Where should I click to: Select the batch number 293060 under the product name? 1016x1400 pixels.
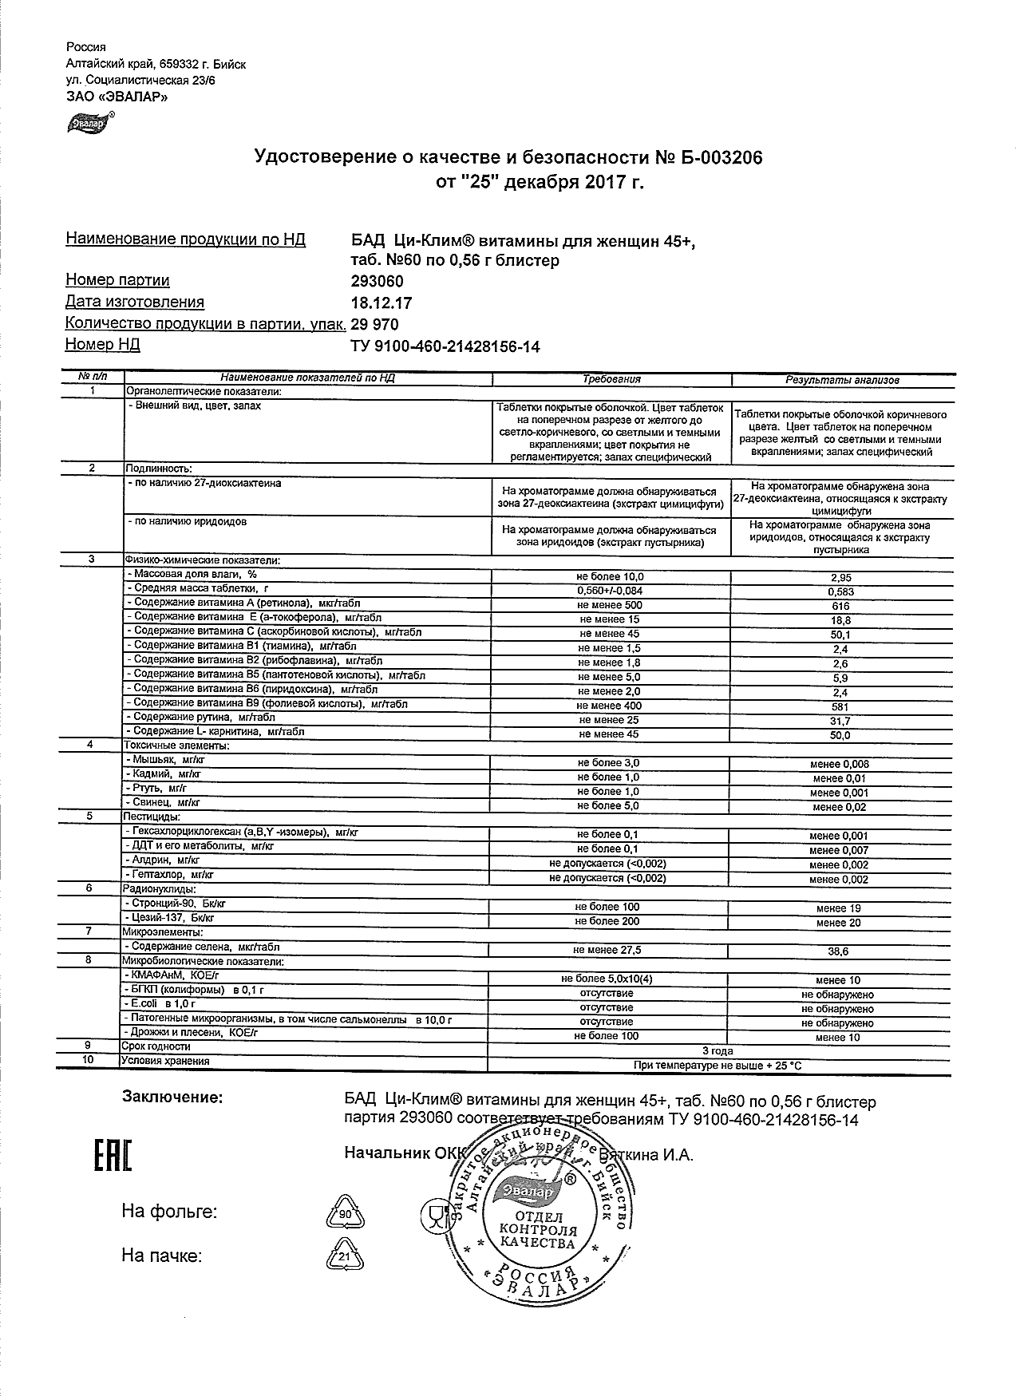tap(378, 282)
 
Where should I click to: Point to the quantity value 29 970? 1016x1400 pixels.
tap(374, 325)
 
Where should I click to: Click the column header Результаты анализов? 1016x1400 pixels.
tap(842, 381)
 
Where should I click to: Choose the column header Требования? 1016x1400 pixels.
tap(611, 380)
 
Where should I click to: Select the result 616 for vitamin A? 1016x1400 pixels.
tap(840, 607)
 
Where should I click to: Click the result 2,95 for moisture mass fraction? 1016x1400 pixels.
tap(840, 578)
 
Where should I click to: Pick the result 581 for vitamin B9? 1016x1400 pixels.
tap(840, 707)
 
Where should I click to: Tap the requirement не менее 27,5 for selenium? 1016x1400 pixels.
tap(607, 951)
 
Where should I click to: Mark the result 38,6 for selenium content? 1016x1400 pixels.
tap(839, 952)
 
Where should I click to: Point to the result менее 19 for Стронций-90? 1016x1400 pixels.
tap(838, 908)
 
